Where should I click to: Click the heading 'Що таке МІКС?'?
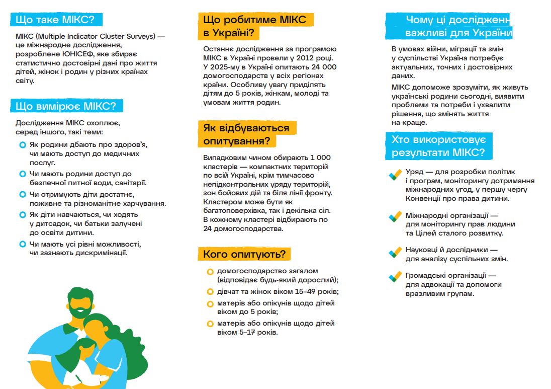55,20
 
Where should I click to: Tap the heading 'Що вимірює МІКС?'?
66,106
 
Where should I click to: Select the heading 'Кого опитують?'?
244,254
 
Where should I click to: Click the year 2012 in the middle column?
302,58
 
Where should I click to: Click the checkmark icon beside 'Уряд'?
395,175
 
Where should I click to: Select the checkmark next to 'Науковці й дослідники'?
395,253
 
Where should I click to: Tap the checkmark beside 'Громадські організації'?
395,277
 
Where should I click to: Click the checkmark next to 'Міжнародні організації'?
395,218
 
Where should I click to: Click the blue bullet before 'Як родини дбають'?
22,145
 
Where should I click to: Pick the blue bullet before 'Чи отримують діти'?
22,194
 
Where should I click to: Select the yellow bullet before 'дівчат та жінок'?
210,292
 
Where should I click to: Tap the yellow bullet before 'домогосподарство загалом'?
210,272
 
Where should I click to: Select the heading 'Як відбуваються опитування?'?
246,134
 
